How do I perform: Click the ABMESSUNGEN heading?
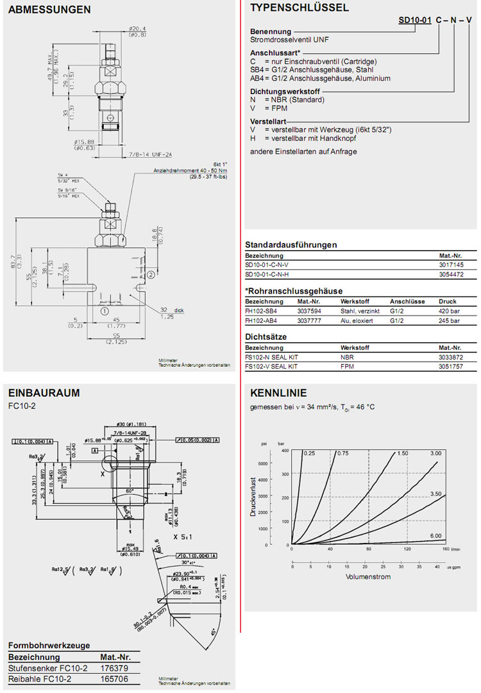(40, 10)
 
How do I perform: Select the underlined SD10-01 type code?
(414, 21)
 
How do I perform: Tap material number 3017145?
(451, 264)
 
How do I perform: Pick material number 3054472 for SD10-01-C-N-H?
(451, 274)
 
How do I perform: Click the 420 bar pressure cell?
(449, 310)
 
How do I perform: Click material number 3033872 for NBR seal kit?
(451, 356)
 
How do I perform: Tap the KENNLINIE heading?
(278, 393)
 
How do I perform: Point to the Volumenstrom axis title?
(368, 577)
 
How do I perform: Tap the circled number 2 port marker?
(151, 274)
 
